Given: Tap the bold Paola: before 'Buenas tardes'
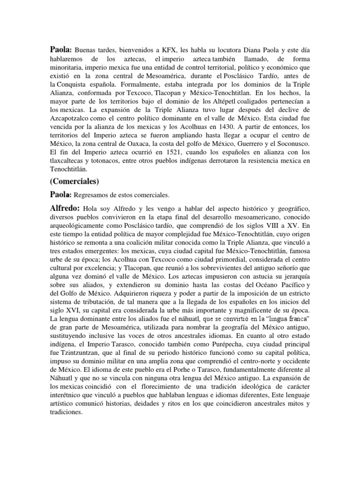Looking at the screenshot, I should pos(60,49).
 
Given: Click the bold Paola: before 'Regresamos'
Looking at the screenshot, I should pos(60,194).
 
